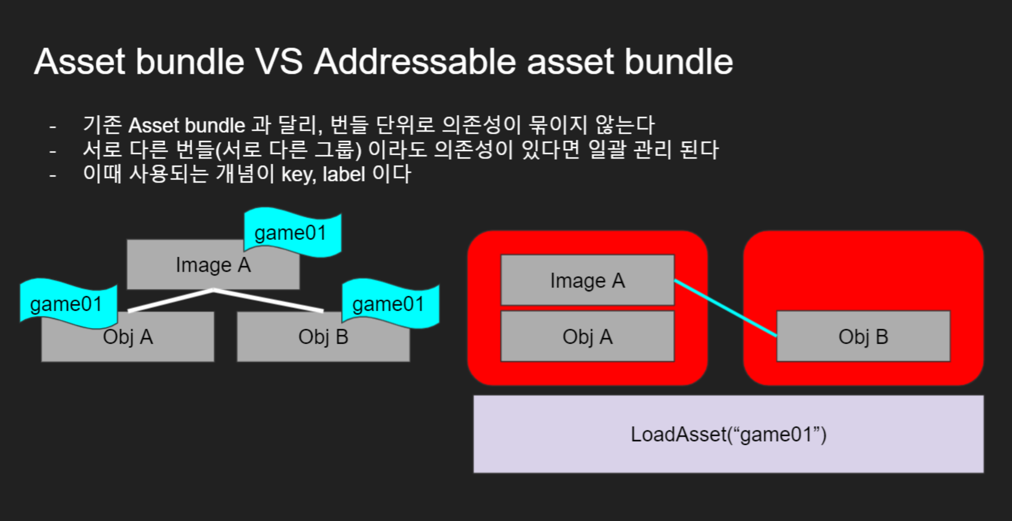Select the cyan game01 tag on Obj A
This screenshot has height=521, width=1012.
pos(67,304)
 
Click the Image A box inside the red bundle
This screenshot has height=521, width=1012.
pos(587,281)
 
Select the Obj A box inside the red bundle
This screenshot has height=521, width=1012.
pos(587,337)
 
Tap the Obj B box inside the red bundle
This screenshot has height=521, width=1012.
pos(863,337)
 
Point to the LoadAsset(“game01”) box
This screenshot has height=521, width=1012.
pos(728,434)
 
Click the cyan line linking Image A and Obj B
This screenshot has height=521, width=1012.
pos(725,308)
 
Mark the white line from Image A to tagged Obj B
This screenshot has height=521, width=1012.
pos(268,300)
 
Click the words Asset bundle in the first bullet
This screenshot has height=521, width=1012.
pos(186,125)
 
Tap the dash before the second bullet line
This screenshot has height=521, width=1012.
pos(53,151)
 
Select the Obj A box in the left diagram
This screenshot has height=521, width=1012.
pos(128,343)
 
